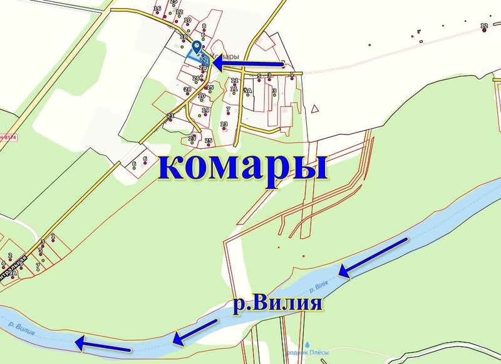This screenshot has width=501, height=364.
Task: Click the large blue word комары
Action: pos(244,167)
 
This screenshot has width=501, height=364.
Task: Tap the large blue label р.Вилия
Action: pos(277,305)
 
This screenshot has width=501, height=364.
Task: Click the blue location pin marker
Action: pos(197,48)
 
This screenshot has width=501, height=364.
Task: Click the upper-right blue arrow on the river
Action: pos(374,257)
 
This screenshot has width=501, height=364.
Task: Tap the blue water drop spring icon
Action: pos(309,343)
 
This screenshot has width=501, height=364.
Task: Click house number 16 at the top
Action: pos(157,9)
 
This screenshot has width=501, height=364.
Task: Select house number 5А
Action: pos(248,91)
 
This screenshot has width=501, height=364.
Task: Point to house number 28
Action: pos(187,89)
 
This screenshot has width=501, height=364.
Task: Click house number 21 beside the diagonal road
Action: pos(170,116)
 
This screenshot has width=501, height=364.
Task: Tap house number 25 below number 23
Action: pos(209,141)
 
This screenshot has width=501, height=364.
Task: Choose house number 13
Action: pos(224,124)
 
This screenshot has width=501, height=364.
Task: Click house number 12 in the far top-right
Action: pos(484,26)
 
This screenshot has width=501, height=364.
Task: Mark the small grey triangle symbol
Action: pos(316,109)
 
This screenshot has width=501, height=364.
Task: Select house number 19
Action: pos(205,111)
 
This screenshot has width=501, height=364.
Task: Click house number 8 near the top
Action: pos(204,26)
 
